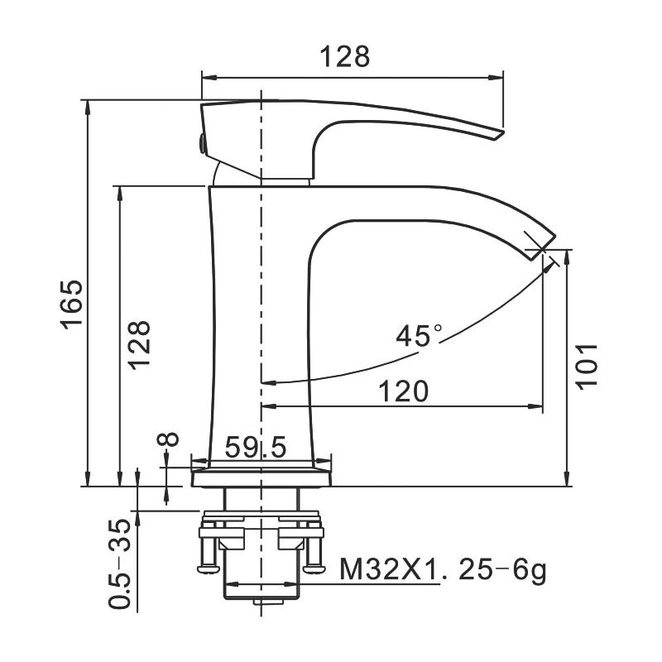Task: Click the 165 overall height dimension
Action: [x=72, y=304]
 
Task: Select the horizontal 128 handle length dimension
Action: [x=345, y=56]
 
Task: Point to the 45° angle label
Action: [x=419, y=336]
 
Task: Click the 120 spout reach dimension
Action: [x=404, y=391]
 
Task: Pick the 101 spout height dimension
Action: [x=585, y=364]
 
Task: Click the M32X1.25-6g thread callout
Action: [x=443, y=570]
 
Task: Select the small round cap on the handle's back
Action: [x=200, y=143]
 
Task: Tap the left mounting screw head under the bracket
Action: [x=207, y=567]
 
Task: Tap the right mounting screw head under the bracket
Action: [x=314, y=567]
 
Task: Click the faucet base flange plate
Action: [x=261, y=478]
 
